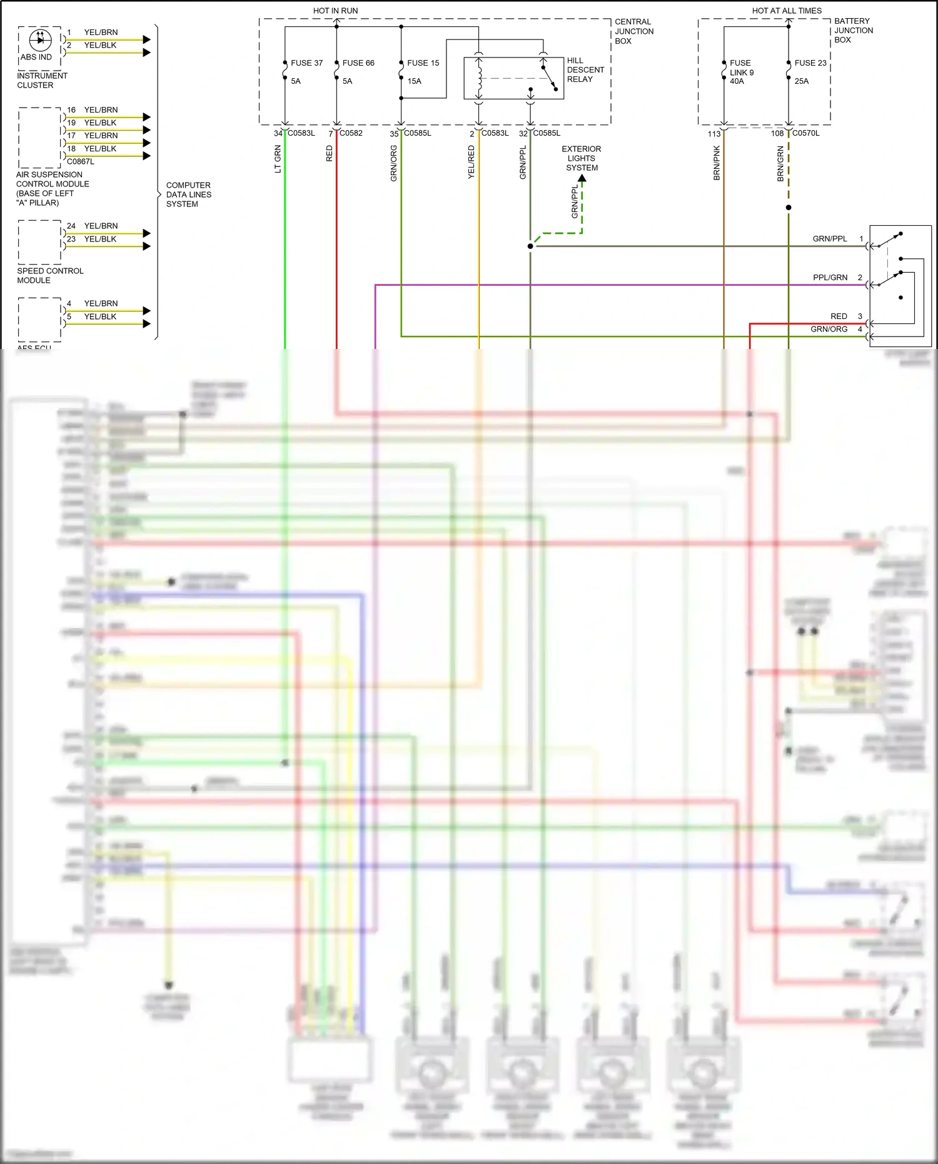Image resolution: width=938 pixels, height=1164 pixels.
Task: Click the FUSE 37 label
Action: [x=306, y=63]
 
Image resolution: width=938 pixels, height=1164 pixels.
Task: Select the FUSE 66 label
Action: [x=358, y=63]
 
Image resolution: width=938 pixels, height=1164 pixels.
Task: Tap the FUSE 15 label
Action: [x=423, y=63]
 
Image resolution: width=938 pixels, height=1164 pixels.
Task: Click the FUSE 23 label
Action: [x=810, y=63]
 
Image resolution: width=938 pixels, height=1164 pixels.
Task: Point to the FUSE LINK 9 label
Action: [x=742, y=72]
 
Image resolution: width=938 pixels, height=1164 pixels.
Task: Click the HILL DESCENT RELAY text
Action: [x=585, y=70]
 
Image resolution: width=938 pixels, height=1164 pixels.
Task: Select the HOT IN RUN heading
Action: [x=335, y=11]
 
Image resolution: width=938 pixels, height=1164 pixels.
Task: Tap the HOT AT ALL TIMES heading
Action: [x=787, y=11]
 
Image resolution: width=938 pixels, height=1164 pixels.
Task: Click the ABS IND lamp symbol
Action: [x=40, y=39]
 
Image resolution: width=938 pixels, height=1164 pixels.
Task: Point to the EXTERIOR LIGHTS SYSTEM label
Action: [x=582, y=158]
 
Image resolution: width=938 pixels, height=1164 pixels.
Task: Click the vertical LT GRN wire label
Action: [x=278, y=159]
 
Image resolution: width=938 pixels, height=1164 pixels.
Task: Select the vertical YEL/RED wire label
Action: [x=472, y=162]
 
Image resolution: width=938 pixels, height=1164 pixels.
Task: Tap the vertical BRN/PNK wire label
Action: [x=717, y=163]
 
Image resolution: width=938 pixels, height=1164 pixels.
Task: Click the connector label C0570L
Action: [x=805, y=133]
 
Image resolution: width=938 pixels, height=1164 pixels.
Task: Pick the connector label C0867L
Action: [x=81, y=161]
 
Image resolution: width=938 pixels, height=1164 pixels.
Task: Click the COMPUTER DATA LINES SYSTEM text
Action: [x=188, y=195]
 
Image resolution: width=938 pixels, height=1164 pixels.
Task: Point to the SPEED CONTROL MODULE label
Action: [x=50, y=275]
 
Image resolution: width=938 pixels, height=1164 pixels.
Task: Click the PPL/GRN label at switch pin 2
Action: [x=830, y=277]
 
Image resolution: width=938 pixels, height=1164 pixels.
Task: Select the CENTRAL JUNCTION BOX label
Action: [x=633, y=31]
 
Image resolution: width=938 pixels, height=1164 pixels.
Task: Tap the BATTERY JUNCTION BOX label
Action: [x=853, y=30]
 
